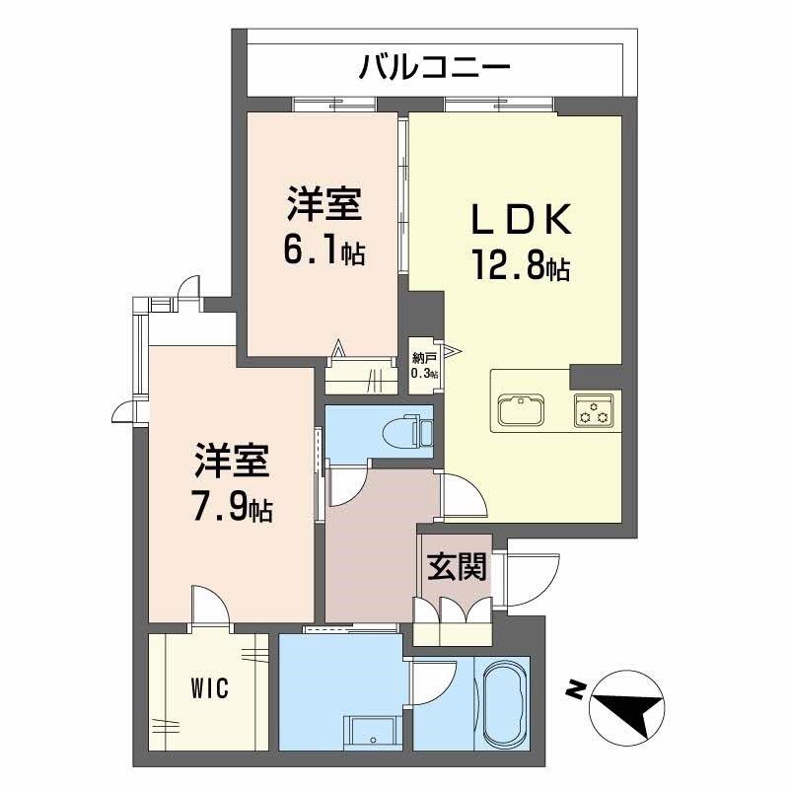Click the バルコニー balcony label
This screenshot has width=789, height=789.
[435, 68]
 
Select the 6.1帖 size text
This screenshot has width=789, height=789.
[323, 251]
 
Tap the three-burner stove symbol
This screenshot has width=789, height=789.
[594, 409]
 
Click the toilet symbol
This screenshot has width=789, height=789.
[411, 431]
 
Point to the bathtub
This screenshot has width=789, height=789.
[503, 704]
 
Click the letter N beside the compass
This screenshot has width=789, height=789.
[573, 689]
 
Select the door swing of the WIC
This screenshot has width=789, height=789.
[209, 605]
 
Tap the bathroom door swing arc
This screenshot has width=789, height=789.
[435, 681]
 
